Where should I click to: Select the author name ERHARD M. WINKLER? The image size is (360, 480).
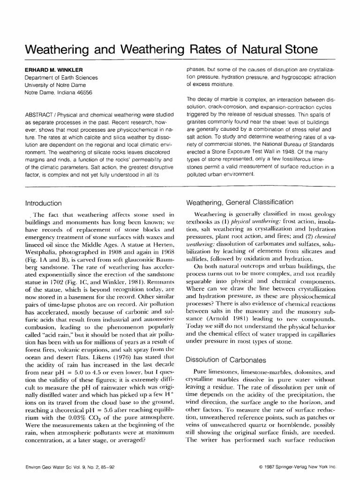55,69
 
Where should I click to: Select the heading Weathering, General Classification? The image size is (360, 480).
240,202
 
